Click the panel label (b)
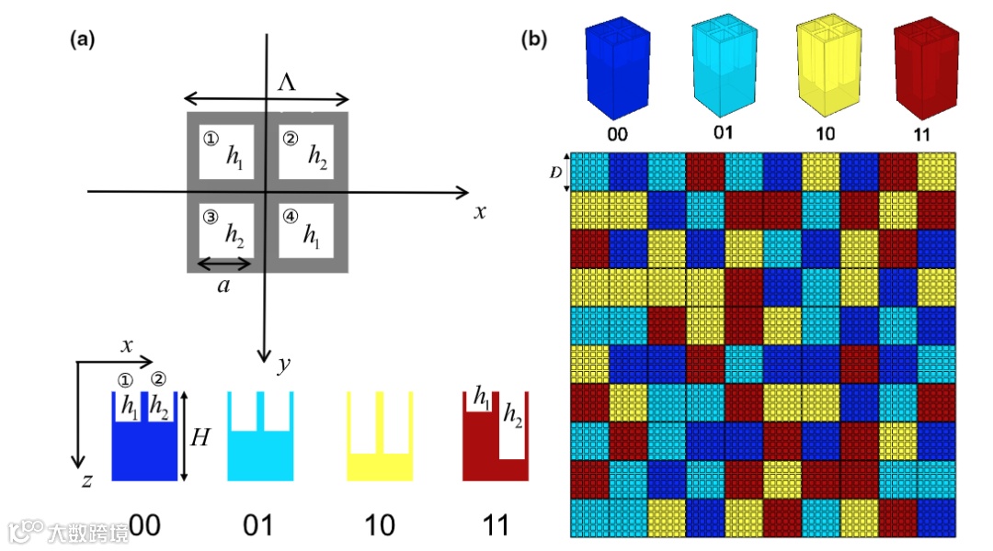534,39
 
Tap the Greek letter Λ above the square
288,84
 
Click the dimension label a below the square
223,286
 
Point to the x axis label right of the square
479,212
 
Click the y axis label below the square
284,365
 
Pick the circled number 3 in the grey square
210,218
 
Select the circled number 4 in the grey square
291,218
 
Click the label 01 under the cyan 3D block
724,132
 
